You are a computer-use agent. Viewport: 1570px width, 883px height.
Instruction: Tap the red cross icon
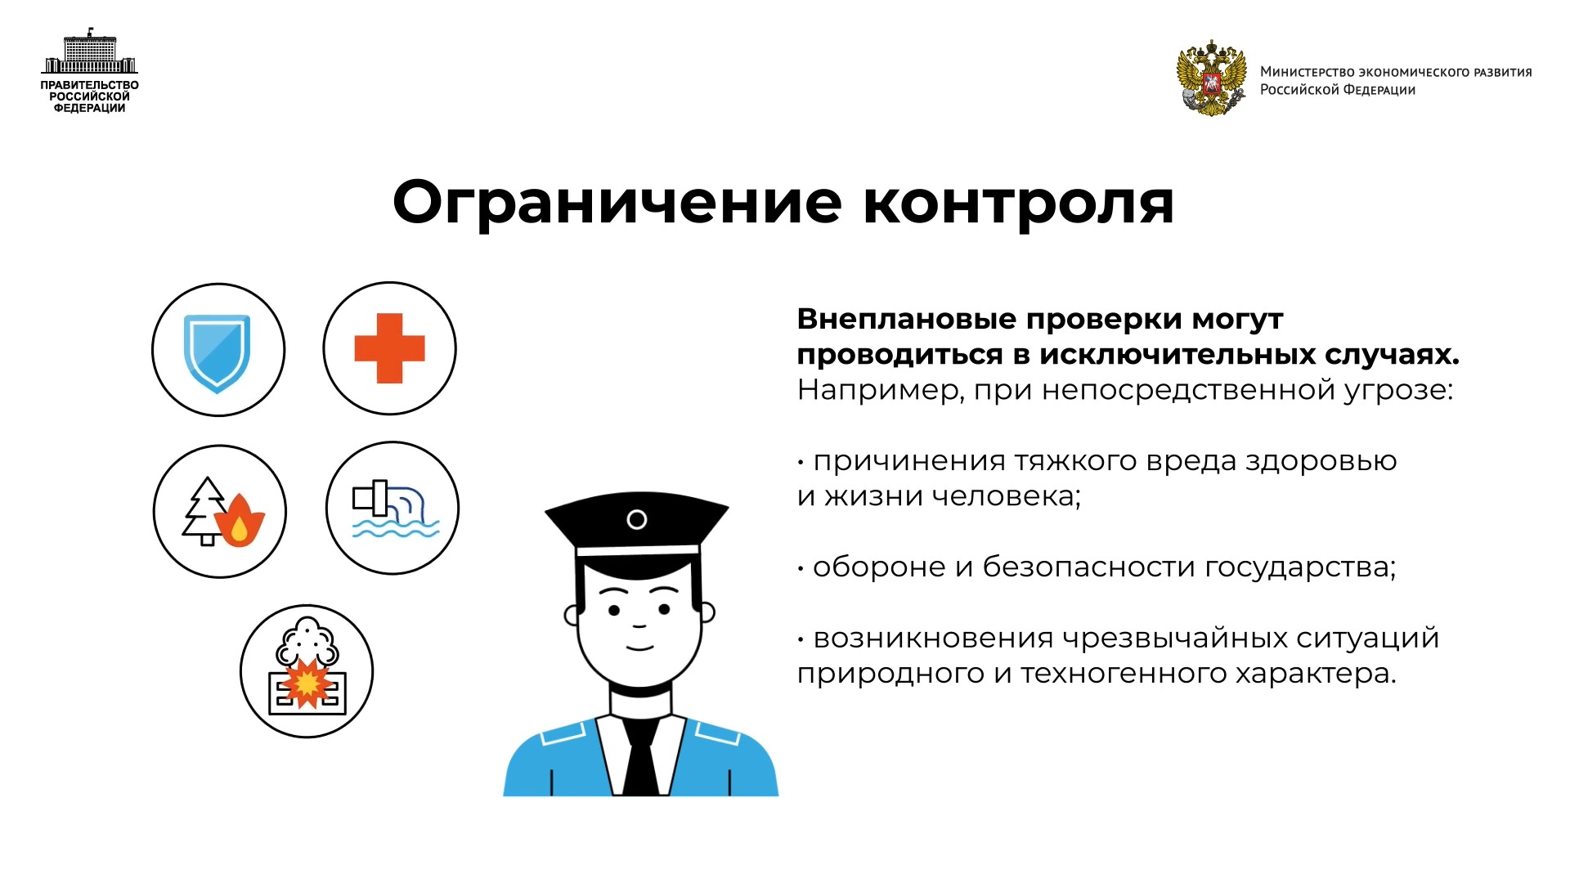[x=389, y=348]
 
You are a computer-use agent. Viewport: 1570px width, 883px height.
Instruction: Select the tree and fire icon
[x=222, y=512]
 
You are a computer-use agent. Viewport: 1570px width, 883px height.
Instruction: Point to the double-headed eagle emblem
[x=1211, y=78]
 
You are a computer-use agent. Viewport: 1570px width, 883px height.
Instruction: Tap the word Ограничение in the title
[x=617, y=202]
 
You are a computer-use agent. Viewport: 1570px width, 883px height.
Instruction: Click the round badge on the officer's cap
[x=637, y=519]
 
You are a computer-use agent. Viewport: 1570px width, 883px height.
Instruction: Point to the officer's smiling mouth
[x=639, y=648]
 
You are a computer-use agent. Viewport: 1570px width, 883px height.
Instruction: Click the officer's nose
[x=639, y=625]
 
